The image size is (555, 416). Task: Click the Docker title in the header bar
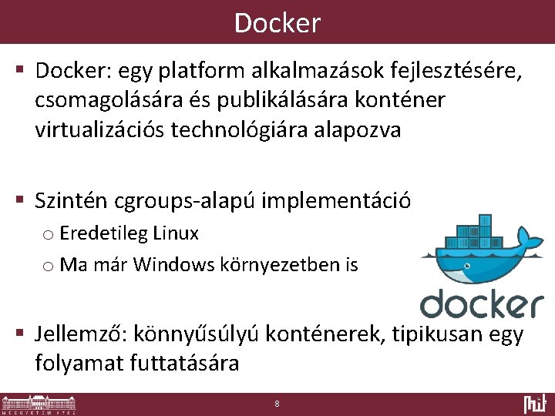277,23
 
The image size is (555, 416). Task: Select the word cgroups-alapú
185,202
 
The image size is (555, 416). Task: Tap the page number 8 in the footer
277,404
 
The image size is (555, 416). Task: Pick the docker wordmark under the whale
481,302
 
